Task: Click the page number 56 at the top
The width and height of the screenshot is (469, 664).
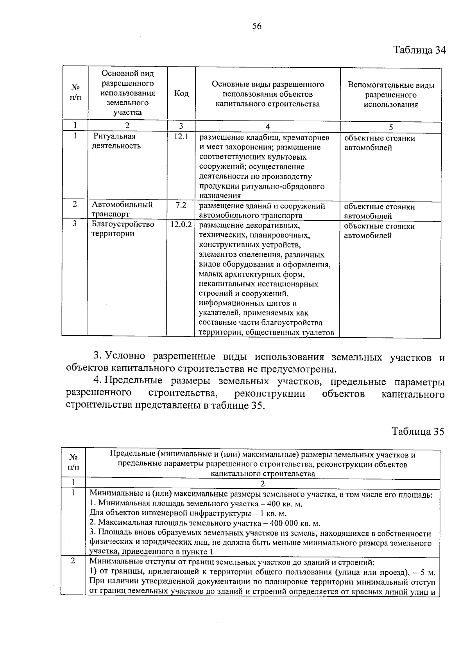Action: (256, 26)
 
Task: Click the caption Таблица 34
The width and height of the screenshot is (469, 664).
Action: (419, 50)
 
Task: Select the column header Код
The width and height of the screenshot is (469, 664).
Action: (181, 94)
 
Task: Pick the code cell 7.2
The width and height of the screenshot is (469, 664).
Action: (181, 205)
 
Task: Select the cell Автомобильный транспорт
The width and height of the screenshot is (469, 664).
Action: (122, 209)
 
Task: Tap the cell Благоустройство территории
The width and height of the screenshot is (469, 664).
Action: (123, 229)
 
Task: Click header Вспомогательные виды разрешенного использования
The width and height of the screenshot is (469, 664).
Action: (391, 95)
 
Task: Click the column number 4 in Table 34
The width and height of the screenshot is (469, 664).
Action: (267, 126)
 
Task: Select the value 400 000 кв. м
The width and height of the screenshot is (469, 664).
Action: (295, 524)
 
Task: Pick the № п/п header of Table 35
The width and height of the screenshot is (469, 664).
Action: (73, 462)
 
